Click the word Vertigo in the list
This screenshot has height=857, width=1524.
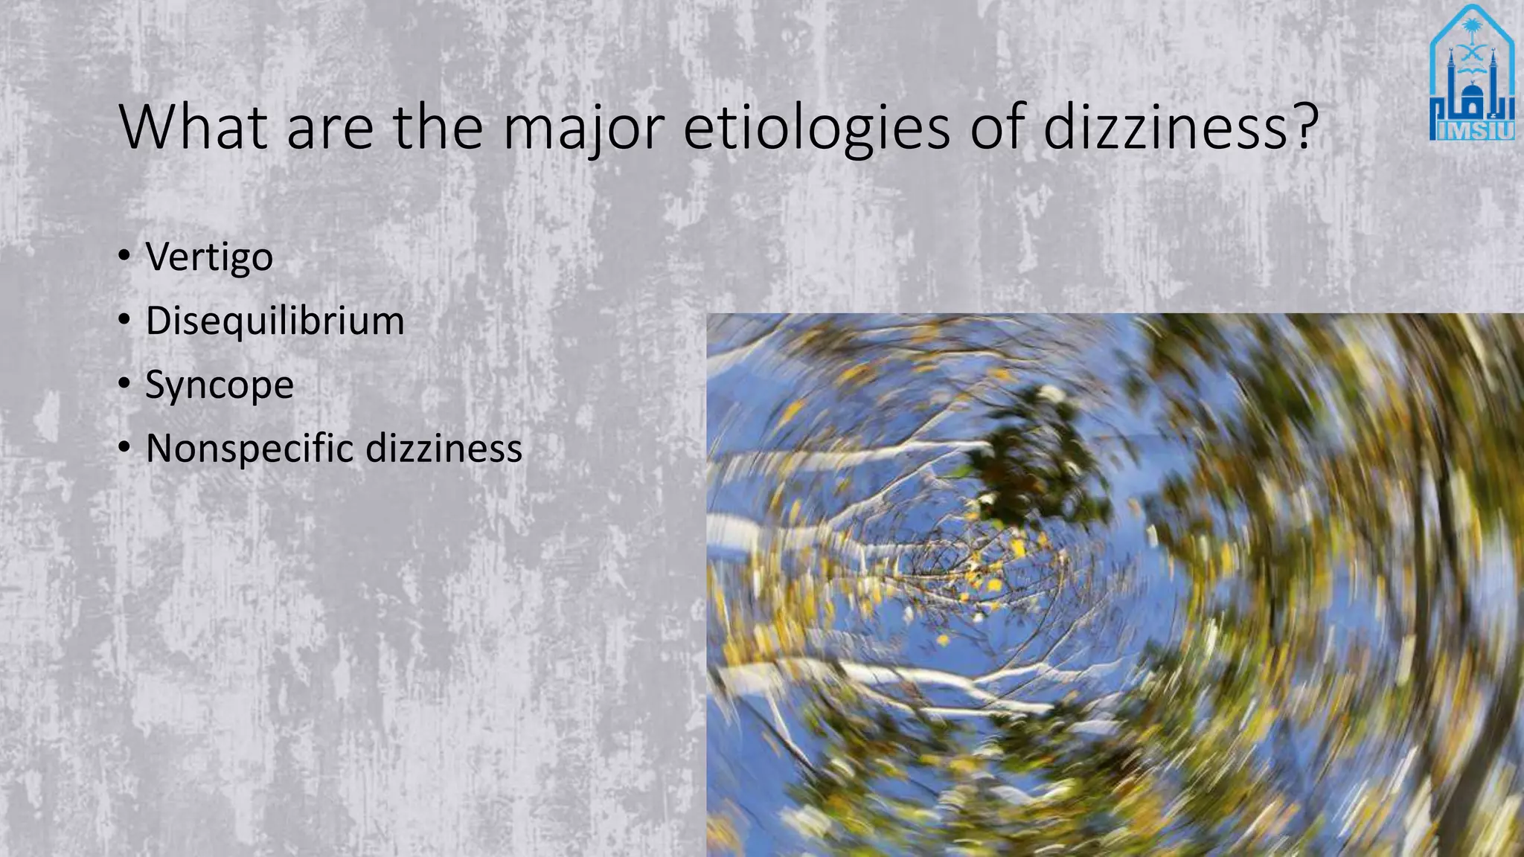click(x=209, y=257)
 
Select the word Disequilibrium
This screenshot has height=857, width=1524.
click(x=275, y=321)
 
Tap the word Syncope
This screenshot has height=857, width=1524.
click(x=220, y=385)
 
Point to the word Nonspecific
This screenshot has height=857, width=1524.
click(x=249, y=449)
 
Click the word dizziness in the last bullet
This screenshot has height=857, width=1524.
click(x=444, y=449)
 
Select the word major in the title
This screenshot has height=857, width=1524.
click(x=583, y=128)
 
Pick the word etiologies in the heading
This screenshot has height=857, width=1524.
click(x=816, y=128)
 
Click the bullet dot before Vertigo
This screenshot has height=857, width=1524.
click(x=124, y=257)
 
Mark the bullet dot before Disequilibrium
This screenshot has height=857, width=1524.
click(x=124, y=321)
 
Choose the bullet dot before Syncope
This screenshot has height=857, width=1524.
click(x=124, y=385)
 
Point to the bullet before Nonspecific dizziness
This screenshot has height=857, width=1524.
click(x=124, y=449)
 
